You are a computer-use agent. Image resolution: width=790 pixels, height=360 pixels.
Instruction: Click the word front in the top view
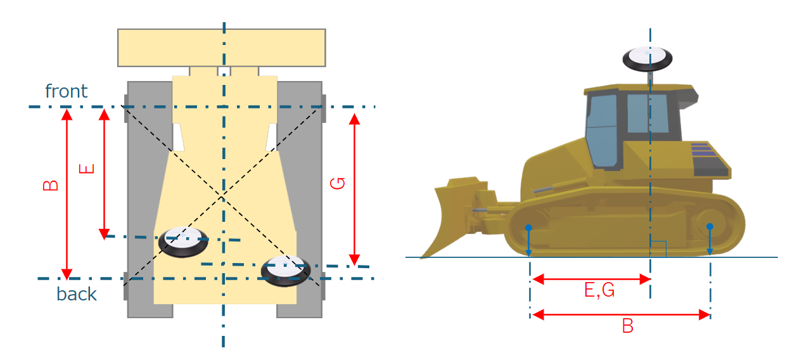coord(67,91)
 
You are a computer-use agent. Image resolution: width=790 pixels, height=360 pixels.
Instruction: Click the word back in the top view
coord(77,294)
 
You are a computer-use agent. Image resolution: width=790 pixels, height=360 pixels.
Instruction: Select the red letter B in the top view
coord(51,185)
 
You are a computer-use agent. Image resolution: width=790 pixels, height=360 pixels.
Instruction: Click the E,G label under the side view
coord(599,291)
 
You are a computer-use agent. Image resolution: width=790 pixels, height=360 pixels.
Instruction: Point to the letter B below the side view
coord(628,326)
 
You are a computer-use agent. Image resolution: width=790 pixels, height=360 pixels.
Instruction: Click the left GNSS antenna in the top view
coord(183,241)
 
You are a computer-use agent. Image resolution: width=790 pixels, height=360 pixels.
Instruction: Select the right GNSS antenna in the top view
coord(286,271)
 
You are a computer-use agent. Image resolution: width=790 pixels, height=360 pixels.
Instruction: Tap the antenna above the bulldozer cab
coord(647,58)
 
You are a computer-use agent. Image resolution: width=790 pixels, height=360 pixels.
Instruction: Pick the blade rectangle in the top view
coord(222,48)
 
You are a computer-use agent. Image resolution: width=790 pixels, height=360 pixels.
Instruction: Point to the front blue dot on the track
coord(528,227)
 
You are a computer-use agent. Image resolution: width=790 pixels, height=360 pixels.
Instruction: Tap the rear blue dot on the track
coord(710,226)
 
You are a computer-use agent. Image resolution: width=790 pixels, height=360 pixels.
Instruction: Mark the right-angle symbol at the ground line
coord(658,249)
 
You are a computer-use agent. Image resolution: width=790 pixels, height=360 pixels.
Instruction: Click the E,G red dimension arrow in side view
coord(590,279)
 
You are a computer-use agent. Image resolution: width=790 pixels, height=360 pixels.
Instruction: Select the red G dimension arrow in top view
coord(355,190)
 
